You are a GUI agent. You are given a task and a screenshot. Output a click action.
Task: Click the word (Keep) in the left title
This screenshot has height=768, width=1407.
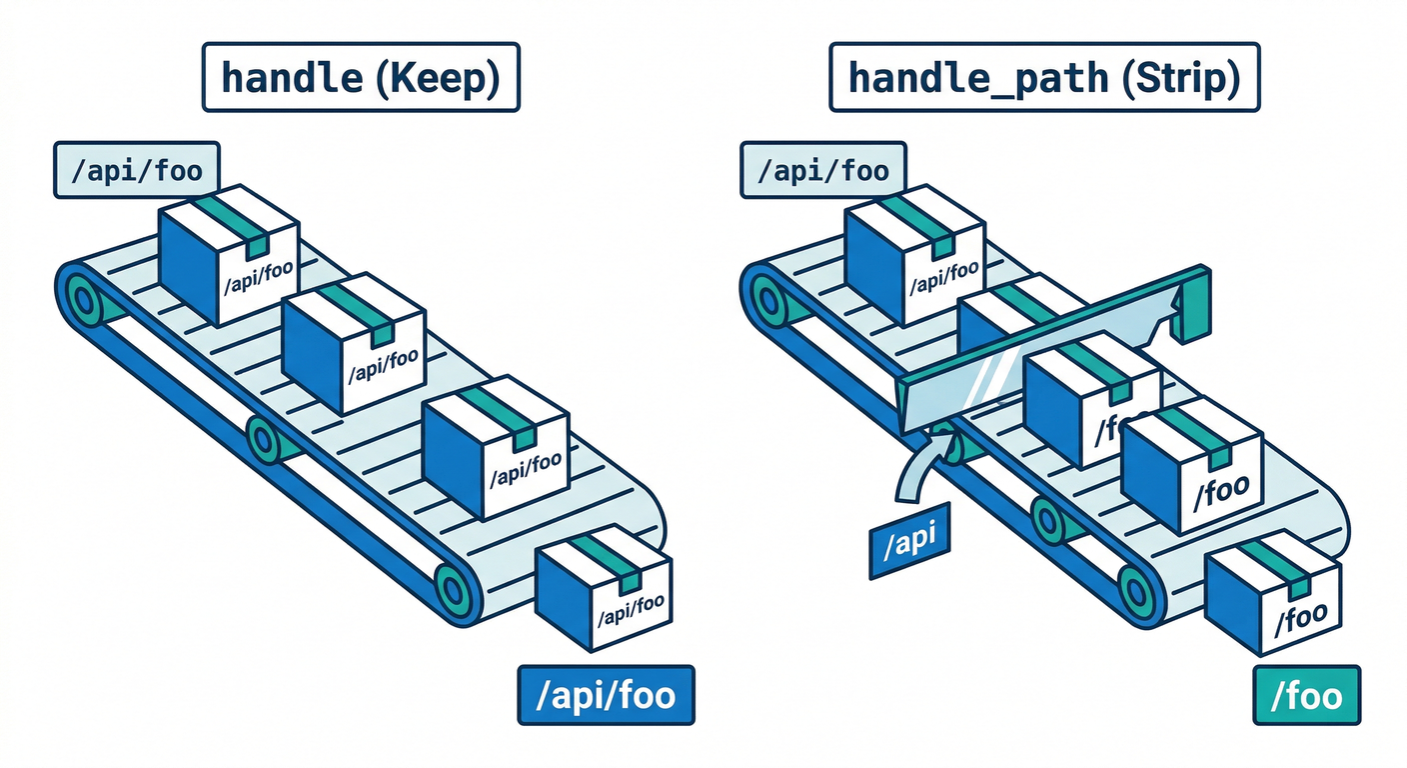pos(437,77)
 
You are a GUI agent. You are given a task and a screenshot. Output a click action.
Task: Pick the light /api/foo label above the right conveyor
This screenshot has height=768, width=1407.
pos(822,171)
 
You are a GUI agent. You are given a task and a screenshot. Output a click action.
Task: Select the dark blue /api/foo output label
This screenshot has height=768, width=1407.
pos(605,695)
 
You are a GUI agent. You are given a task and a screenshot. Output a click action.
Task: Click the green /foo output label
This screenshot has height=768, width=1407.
pos(1306,695)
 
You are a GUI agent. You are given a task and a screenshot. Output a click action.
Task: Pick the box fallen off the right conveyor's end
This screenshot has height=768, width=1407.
pos(1275,598)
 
